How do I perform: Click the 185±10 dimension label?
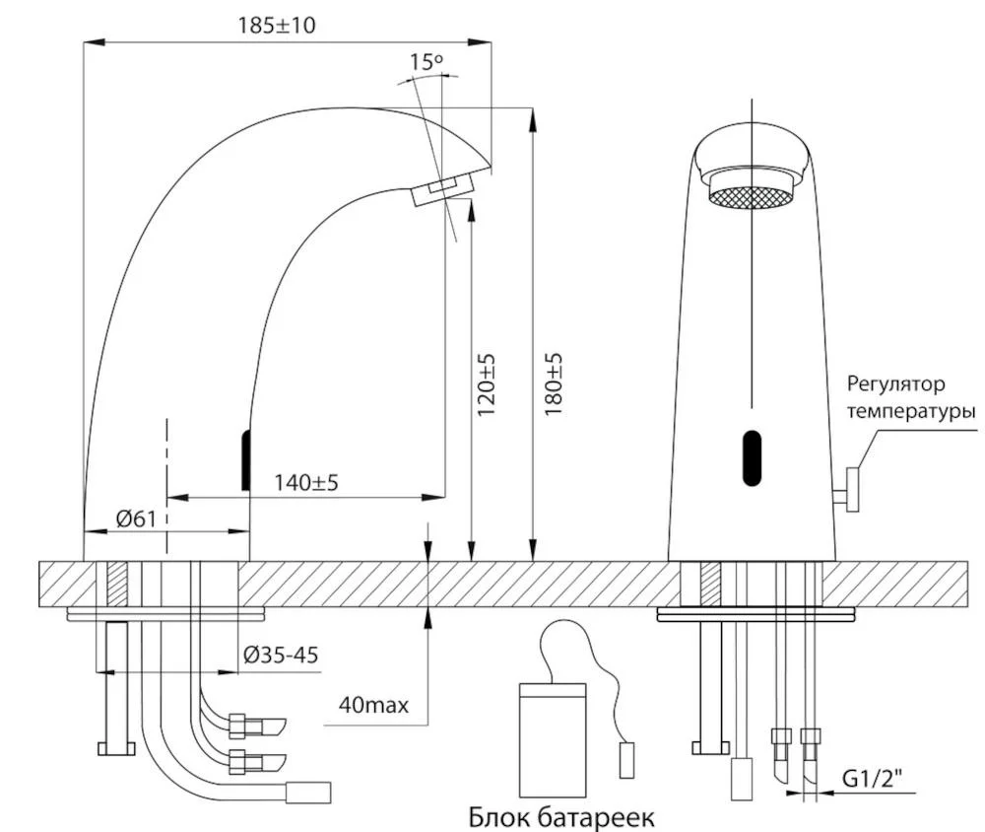click(277, 26)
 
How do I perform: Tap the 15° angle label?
click(426, 62)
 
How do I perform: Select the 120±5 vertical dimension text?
click(487, 383)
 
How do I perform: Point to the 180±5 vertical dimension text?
click(553, 383)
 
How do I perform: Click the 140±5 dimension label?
click(306, 482)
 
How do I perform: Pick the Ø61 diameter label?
click(136, 519)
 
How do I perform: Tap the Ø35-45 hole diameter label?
click(281, 656)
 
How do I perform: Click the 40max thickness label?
click(373, 704)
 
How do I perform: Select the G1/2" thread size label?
click(871, 779)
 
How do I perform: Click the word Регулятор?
click(895, 384)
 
